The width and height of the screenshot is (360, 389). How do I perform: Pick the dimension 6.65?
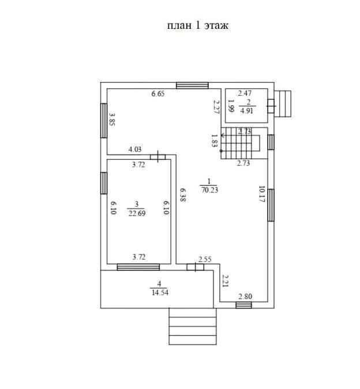tap(158, 93)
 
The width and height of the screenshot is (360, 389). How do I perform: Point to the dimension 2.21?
tap(226, 281)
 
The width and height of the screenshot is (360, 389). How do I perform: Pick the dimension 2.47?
tap(245, 93)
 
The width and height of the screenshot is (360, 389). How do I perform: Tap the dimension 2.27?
tap(215, 108)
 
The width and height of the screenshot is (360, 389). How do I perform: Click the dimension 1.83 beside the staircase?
tap(214, 140)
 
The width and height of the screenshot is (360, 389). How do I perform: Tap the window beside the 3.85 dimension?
tap(104, 120)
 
